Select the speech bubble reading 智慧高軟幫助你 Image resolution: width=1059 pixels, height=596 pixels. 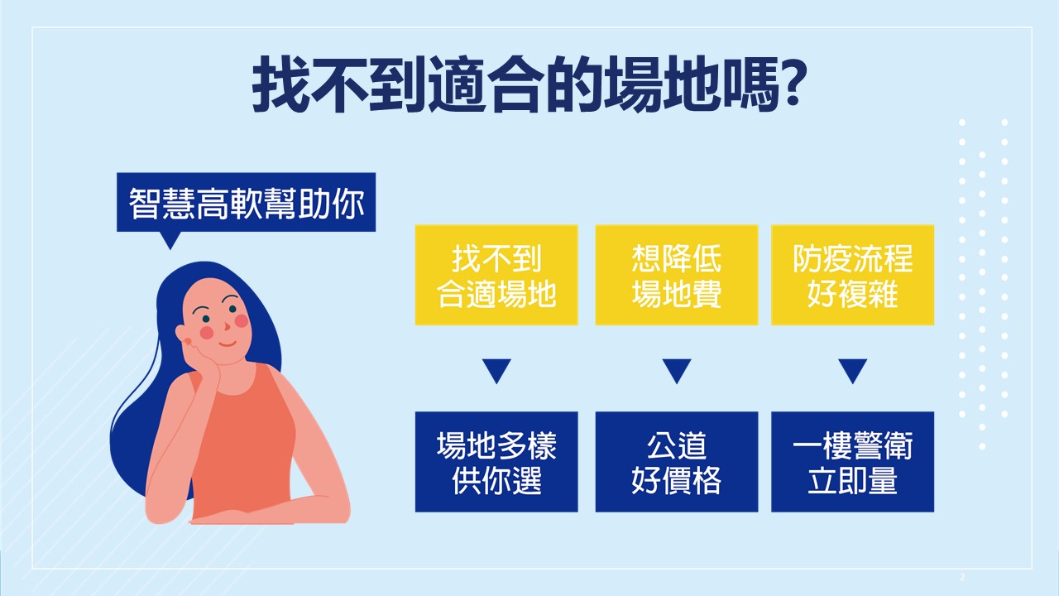(x=246, y=203)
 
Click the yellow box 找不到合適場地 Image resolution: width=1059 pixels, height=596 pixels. (x=496, y=275)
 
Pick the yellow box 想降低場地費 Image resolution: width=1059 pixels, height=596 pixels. (x=677, y=275)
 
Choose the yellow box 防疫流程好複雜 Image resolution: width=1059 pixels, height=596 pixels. (x=852, y=275)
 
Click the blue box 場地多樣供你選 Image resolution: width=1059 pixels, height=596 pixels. (x=496, y=462)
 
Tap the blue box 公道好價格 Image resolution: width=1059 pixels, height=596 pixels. (x=677, y=462)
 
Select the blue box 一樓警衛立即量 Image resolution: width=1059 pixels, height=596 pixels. (x=852, y=462)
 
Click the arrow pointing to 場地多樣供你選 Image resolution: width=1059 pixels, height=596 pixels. (x=496, y=370)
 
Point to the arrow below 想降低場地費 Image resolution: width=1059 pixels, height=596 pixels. (x=677, y=370)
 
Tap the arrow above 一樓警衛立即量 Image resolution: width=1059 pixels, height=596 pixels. (x=852, y=370)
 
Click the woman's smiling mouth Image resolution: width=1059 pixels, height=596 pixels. (x=227, y=344)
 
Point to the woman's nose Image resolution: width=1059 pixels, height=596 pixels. (x=227, y=326)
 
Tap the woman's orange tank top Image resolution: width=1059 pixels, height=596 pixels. (x=242, y=440)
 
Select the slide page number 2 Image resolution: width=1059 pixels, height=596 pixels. (x=962, y=577)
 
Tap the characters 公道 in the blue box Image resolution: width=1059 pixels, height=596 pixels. (x=677, y=445)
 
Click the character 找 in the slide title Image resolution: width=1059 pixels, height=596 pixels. (x=280, y=84)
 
